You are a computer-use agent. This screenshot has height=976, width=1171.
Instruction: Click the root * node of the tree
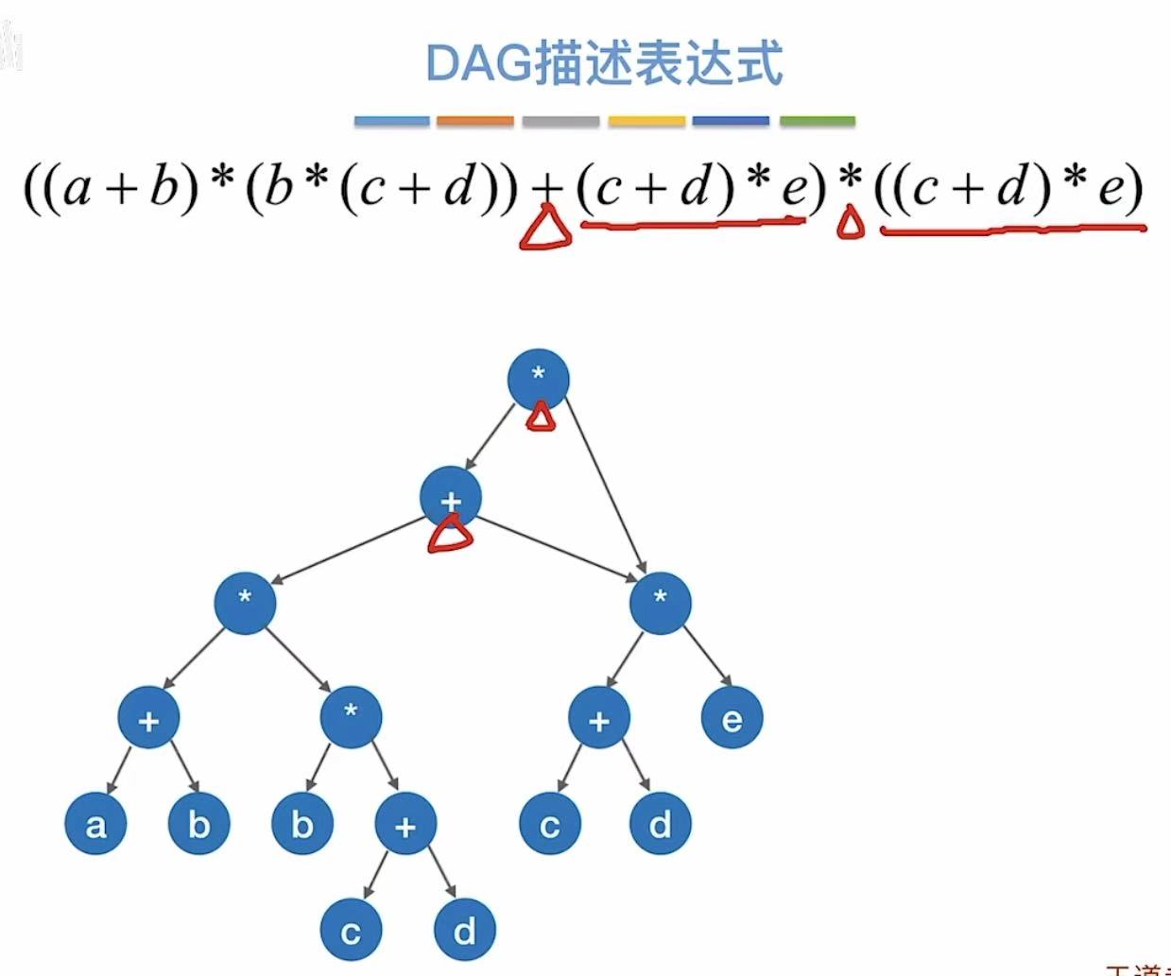pyautogui.click(x=538, y=378)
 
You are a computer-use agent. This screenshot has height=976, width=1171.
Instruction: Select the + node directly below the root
pyautogui.click(x=451, y=498)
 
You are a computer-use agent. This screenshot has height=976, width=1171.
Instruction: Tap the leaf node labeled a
pyautogui.click(x=95, y=825)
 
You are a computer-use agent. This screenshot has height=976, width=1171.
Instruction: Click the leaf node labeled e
pyautogui.click(x=732, y=720)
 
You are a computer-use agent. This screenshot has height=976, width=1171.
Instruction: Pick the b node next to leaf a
pyautogui.click(x=198, y=825)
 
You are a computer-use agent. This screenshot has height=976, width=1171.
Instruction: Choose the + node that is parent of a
pyautogui.click(x=148, y=720)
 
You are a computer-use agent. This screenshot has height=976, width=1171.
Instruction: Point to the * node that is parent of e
pyautogui.click(x=660, y=601)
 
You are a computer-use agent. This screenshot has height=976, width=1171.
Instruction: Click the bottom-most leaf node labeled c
pyautogui.click(x=351, y=932)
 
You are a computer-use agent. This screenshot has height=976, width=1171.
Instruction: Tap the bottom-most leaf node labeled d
pyautogui.click(x=464, y=932)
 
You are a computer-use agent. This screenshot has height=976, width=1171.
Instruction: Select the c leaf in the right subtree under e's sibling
pyautogui.click(x=550, y=825)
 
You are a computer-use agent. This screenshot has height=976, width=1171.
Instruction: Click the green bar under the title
pyautogui.click(x=818, y=121)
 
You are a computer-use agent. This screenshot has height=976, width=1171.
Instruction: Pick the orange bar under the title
pyautogui.click(x=475, y=121)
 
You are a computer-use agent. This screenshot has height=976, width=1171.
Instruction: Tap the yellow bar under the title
pyautogui.click(x=646, y=121)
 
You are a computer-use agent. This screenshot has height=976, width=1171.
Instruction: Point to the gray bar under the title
pyautogui.click(x=560, y=121)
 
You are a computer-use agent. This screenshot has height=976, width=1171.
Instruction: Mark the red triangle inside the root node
pyautogui.click(x=540, y=416)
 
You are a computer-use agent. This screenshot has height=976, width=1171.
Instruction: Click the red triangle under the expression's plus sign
pyautogui.click(x=545, y=230)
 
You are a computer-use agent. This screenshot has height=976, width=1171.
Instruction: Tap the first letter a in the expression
pyautogui.click(x=77, y=189)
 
